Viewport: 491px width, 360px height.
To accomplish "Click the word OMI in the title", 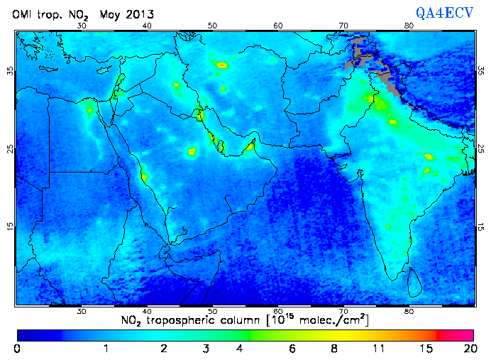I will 22,13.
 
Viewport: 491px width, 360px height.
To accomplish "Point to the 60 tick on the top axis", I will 278,25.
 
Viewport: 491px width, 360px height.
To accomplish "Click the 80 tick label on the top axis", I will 409,25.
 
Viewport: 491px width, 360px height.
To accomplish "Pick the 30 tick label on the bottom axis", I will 82,311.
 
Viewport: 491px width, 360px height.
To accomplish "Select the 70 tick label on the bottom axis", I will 343,311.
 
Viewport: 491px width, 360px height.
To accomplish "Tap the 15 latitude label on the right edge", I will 480,227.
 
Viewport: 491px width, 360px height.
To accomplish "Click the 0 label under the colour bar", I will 17,349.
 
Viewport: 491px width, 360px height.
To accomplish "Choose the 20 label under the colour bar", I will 468,349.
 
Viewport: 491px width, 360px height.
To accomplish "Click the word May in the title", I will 109,13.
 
